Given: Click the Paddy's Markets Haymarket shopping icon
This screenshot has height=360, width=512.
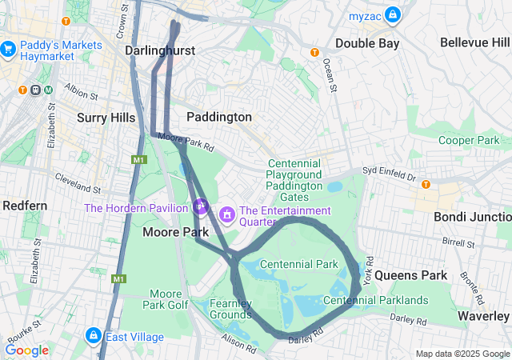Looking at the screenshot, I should coord(10,50).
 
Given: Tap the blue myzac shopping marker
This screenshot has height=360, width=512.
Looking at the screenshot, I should coord(392,14).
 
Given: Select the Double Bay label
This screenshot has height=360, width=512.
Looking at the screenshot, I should coord(367,43).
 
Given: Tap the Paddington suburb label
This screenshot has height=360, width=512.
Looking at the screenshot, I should coord(219,117).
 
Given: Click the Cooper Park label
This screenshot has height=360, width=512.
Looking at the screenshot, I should coord(469,140).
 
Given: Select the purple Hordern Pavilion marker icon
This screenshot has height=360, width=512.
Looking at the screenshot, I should coord(200,206).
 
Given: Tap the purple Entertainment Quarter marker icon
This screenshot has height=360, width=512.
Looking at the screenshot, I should coord(227,214).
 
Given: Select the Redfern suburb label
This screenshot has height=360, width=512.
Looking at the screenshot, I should coord(25,206).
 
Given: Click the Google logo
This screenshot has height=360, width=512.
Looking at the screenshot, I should coord(26,350).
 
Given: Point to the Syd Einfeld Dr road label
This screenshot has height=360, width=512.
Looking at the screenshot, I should coord(390,173).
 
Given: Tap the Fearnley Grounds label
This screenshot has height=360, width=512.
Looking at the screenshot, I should coord(231,309).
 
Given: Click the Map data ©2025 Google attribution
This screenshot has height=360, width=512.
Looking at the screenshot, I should coord(462,354).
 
